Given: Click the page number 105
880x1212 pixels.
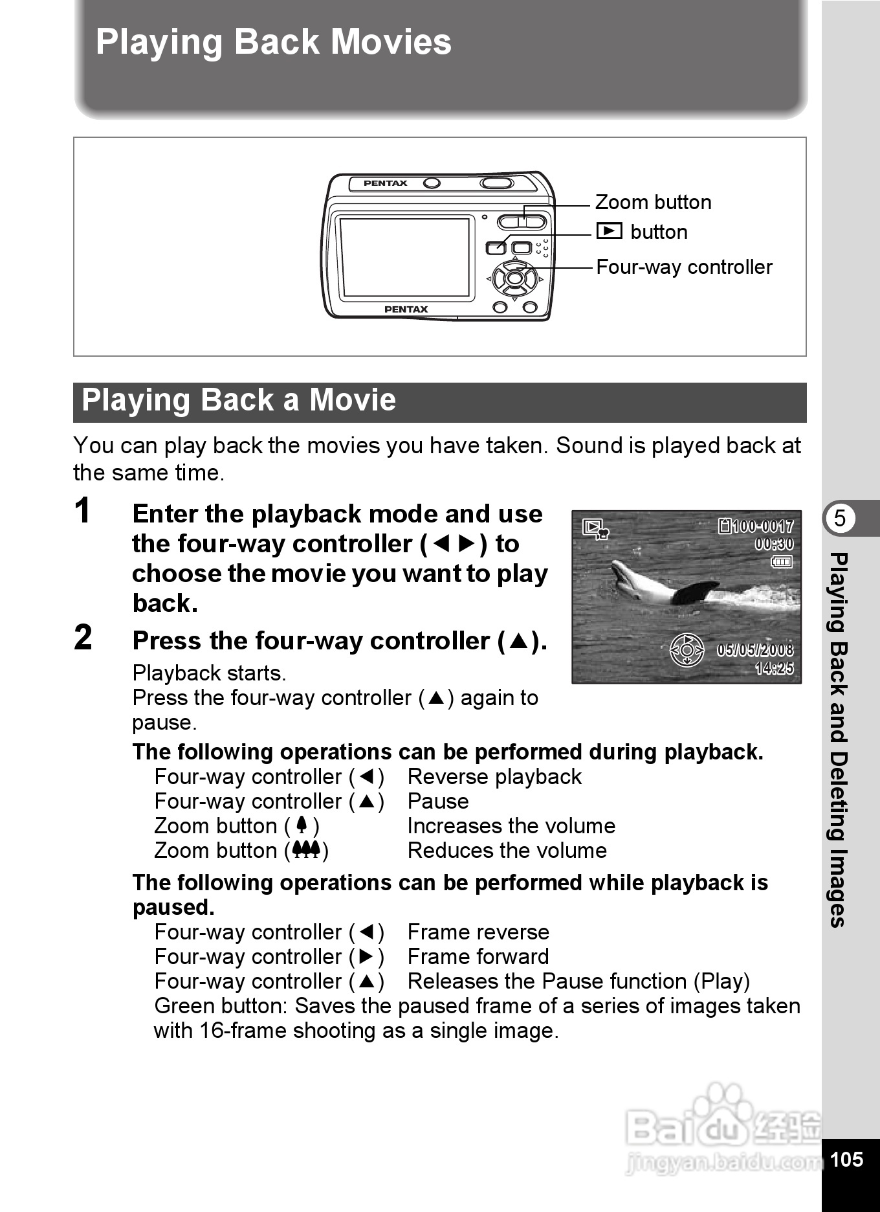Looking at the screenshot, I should (846, 1159).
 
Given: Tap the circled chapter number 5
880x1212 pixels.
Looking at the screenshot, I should (840, 519).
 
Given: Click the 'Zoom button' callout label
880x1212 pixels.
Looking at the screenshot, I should (653, 203).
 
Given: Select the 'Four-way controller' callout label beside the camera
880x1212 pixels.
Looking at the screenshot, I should (684, 267).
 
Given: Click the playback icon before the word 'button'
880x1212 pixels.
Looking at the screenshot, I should (609, 231).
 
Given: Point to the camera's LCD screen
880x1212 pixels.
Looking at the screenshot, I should (405, 257).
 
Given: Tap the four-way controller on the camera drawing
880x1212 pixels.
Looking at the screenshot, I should (514, 279).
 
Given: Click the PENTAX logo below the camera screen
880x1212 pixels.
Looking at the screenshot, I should (406, 309).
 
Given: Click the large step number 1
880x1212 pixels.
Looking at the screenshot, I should (83, 511).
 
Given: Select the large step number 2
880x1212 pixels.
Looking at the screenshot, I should (83, 638).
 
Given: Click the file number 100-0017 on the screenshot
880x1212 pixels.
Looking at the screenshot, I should (762, 526).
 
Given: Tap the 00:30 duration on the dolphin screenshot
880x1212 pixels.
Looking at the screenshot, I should (774, 544).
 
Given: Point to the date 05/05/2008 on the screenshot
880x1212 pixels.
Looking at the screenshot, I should (754, 649).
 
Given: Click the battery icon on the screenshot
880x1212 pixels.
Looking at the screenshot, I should (782, 562).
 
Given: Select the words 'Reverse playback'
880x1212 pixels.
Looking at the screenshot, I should (494, 777).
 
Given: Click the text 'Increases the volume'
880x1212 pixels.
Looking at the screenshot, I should (511, 826).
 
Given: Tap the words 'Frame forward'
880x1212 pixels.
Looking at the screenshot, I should (478, 957).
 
